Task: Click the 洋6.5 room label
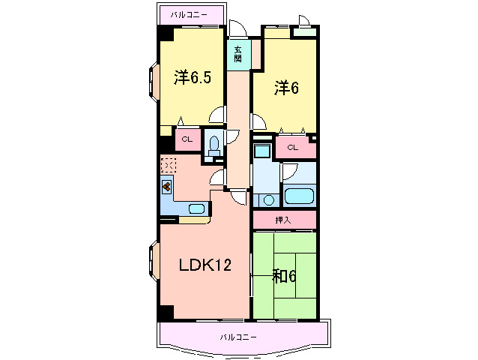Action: click(x=193, y=77)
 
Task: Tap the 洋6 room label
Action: click(x=286, y=88)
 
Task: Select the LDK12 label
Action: click(x=205, y=265)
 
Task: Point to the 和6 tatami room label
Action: click(x=284, y=277)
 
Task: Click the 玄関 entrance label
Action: click(x=238, y=54)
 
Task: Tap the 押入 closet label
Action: click(x=283, y=220)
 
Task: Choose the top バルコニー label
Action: click(x=189, y=14)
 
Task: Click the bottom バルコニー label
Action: click(x=238, y=337)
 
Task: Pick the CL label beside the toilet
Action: click(x=187, y=139)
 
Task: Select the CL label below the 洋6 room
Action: click(x=292, y=148)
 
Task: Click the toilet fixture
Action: click(x=214, y=145)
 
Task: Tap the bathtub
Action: click(x=299, y=196)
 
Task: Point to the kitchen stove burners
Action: click(x=166, y=186)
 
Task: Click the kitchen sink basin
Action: click(x=196, y=208)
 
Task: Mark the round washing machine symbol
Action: click(x=269, y=200)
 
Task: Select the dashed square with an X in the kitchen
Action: click(x=169, y=165)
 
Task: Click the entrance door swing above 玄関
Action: click(x=238, y=28)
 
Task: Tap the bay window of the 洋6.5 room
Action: click(x=154, y=82)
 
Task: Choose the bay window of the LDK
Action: click(x=154, y=260)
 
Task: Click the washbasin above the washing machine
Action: click(x=261, y=150)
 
